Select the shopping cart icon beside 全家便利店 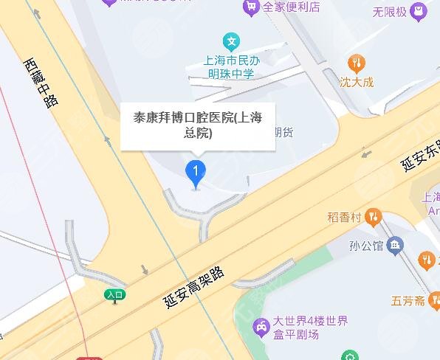tap(251, 7)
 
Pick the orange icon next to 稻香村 tap(374, 218)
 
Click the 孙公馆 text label tap(367, 244)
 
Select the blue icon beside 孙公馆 tap(396, 244)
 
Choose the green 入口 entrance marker tap(114, 295)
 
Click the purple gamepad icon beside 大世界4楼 tap(261, 327)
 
